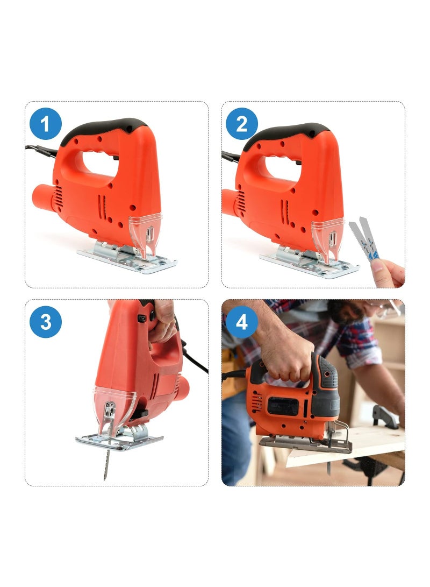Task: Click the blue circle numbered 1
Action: [46, 124]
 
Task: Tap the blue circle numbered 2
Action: [242, 124]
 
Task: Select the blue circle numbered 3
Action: [46, 322]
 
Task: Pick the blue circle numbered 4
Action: [242, 323]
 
